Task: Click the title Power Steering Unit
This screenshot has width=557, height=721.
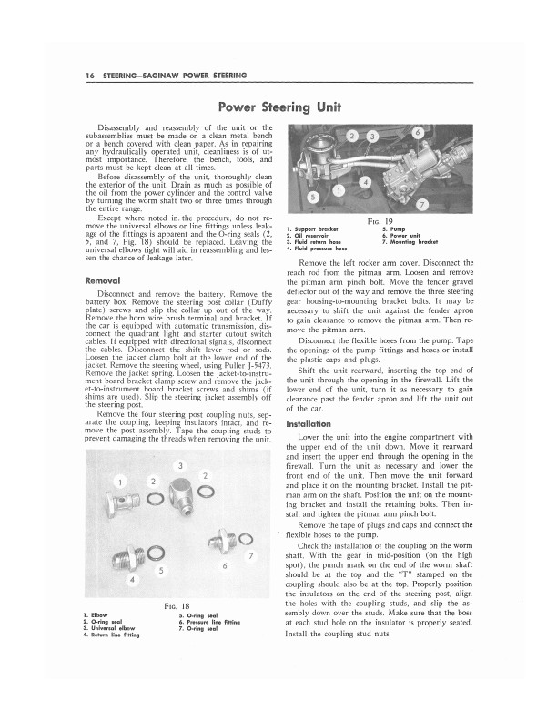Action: point(278,106)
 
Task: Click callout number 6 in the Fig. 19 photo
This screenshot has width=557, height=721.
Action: point(417,134)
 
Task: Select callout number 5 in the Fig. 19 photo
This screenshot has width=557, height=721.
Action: point(312,196)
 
